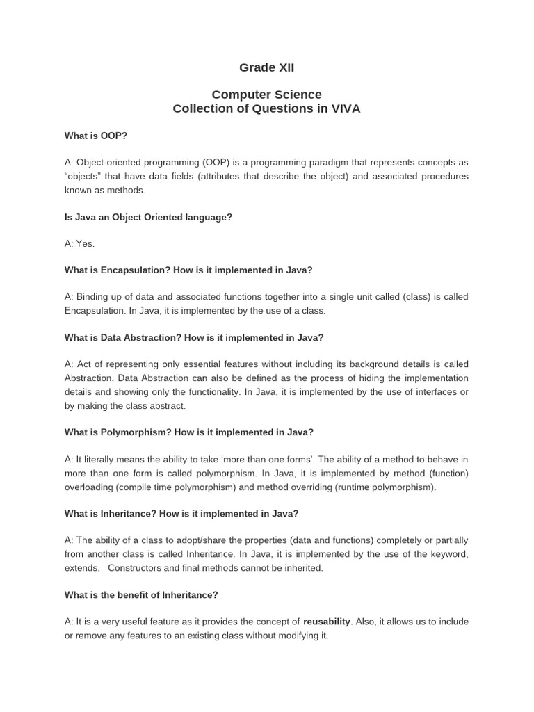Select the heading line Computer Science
pyautogui.click(x=266, y=95)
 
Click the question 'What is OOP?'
pyautogui.click(x=95, y=136)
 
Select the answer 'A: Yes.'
pyautogui.click(x=79, y=243)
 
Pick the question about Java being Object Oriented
pyautogui.click(x=148, y=217)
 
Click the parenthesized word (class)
pyautogui.click(x=416, y=297)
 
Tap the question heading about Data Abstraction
pyautogui.click(x=194, y=337)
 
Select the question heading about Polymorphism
pyautogui.click(x=189, y=432)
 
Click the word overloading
pyautogui.click(x=88, y=487)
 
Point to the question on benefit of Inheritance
pyautogui.click(x=141, y=594)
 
